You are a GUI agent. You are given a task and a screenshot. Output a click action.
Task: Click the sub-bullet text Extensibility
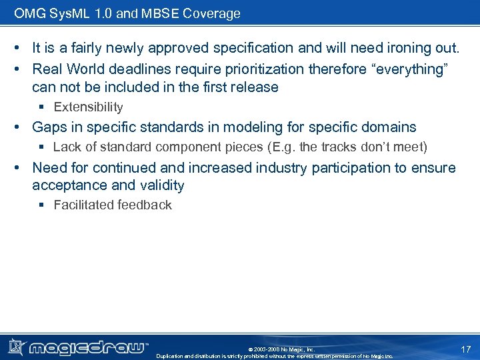tap(88, 107)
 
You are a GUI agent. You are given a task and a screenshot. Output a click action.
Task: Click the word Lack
tap(67, 147)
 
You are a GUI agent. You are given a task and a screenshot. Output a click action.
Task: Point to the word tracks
tap(339, 147)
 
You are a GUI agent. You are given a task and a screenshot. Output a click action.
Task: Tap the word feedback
tap(144, 205)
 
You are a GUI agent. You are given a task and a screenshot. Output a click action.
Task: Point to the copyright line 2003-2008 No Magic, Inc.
tap(281, 349)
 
